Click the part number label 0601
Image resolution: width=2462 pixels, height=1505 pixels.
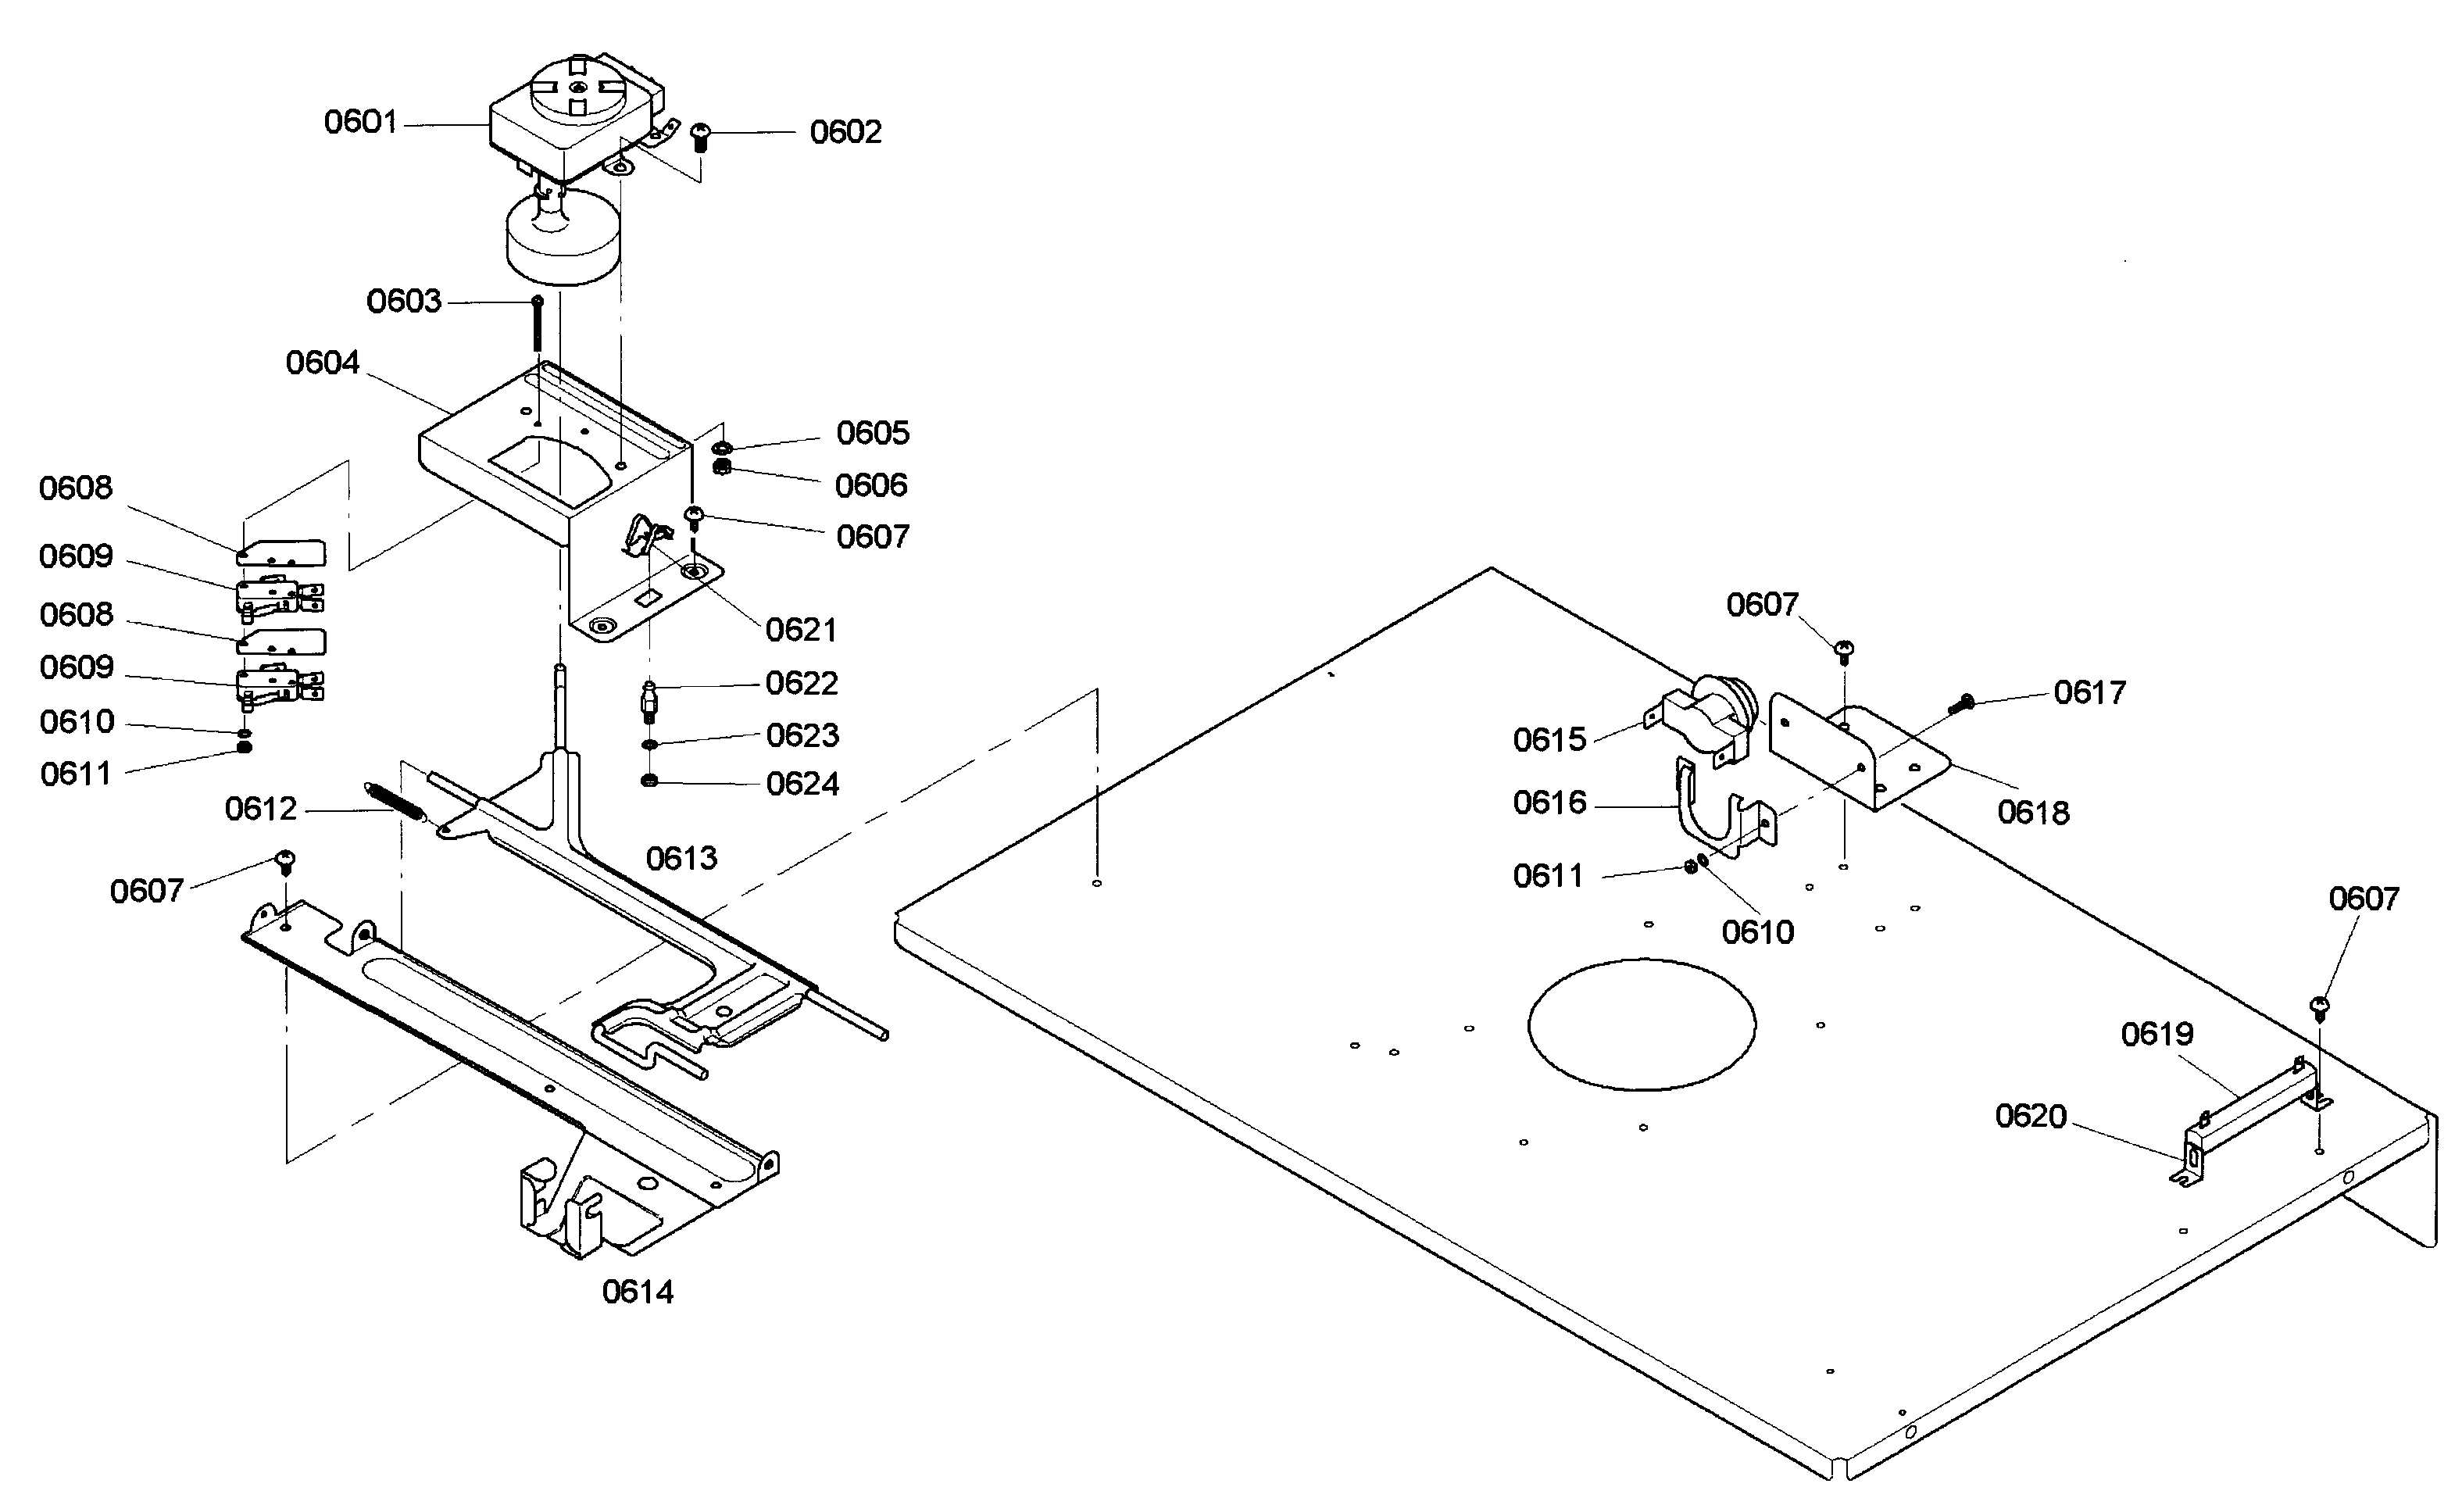pyautogui.click(x=361, y=122)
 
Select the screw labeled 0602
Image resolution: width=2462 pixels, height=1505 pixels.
pyautogui.click(x=700, y=135)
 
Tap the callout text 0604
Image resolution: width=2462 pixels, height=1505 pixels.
pyautogui.click(x=322, y=362)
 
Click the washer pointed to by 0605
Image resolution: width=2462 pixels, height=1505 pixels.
pyautogui.click(x=724, y=448)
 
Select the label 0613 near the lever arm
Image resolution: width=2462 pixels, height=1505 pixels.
pyautogui.click(x=681, y=857)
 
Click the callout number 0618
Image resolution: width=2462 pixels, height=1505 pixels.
pyautogui.click(x=2033, y=813)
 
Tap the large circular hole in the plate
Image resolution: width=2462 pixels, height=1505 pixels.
pyautogui.click(x=1642, y=1024)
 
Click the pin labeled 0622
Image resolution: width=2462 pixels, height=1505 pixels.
pyautogui.click(x=649, y=702)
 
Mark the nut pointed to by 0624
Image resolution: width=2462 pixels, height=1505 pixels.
pyautogui.click(x=649, y=780)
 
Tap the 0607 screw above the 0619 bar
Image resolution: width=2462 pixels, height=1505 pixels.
pyautogui.click(x=2319, y=1007)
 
